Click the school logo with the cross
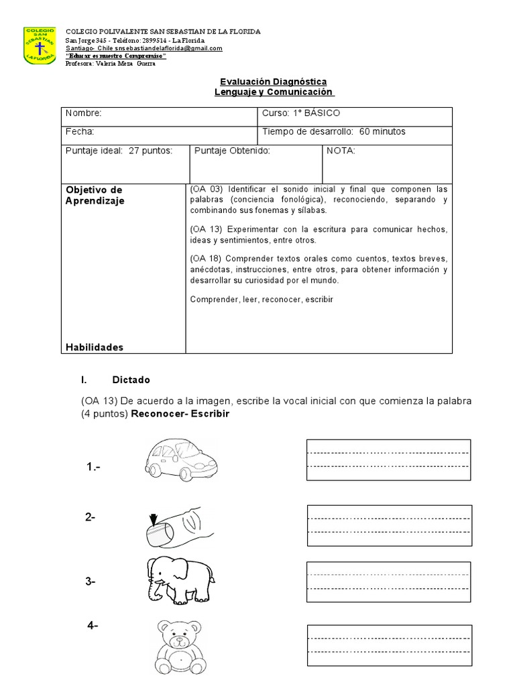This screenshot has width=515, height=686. tap(41, 45)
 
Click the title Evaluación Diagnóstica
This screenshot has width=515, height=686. tap(272, 81)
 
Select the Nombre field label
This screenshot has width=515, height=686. tap(83, 113)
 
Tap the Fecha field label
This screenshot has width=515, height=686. tap(79, 132)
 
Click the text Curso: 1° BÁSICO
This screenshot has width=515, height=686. tap(302, 113)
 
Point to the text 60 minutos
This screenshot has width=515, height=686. tap(382, 132)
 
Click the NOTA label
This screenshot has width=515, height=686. tap(341, 151)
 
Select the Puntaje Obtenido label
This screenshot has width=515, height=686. tap(232, 151)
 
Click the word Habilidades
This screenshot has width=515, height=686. tap(95, 347)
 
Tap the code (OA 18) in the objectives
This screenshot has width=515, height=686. tap(206, 259)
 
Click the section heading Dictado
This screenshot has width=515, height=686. tap(131, 380)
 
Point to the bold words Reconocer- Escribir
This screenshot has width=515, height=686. tap(180, 414)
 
